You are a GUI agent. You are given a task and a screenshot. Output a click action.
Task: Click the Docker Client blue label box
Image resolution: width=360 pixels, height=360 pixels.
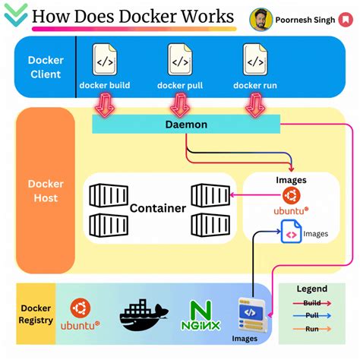tap(46, 68)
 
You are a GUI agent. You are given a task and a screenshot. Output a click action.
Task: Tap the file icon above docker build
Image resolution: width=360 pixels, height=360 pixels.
tap(104, 59)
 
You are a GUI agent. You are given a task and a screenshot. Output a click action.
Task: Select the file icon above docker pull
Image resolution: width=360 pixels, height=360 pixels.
tap(179, 59)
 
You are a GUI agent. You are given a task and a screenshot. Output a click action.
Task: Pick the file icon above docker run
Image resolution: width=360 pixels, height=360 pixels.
tap(254, 59)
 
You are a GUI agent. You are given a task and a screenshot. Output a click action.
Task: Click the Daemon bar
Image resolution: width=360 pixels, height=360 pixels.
tap(186, 124)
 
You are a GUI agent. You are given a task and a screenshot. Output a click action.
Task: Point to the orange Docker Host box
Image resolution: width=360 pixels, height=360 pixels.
tap(46, 191)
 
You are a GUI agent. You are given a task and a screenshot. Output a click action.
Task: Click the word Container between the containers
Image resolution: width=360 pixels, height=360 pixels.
tap(158, 207)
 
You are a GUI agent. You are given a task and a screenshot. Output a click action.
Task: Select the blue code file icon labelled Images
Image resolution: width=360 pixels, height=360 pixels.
tap(291, 232)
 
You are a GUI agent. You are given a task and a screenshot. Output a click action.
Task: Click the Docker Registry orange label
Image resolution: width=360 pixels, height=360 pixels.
tap(36, 314)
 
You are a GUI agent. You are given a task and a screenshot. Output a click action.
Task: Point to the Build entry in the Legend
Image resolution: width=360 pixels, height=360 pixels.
tap(311, 303)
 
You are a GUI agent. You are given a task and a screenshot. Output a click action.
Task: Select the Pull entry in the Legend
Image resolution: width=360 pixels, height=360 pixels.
tap(311, 316)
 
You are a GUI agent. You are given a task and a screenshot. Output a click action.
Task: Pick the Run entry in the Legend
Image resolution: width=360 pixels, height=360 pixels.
tap(311, 330)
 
